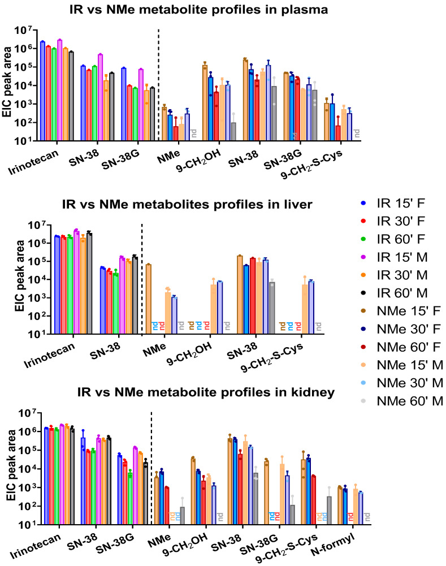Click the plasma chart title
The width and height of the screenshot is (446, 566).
(198, 10)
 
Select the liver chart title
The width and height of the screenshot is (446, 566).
(187, 204)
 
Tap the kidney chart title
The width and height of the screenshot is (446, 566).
(206, 392)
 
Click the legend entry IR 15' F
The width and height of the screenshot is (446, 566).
(393, 203)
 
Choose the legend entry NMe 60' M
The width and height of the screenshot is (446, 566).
(402, 401)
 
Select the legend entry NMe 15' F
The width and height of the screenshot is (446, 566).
(401, 311)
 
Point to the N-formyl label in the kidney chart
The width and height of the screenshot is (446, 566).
(333, 545)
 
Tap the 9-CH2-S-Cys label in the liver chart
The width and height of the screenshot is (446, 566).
(272, 357)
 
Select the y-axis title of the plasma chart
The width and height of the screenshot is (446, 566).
(7, 83)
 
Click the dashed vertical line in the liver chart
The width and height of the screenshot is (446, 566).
(142, 279)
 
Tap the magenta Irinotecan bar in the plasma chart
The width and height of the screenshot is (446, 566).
(60, 90)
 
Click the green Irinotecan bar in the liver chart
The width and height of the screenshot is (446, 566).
(70, 285)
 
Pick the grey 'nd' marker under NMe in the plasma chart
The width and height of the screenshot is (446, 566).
(193, 133)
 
